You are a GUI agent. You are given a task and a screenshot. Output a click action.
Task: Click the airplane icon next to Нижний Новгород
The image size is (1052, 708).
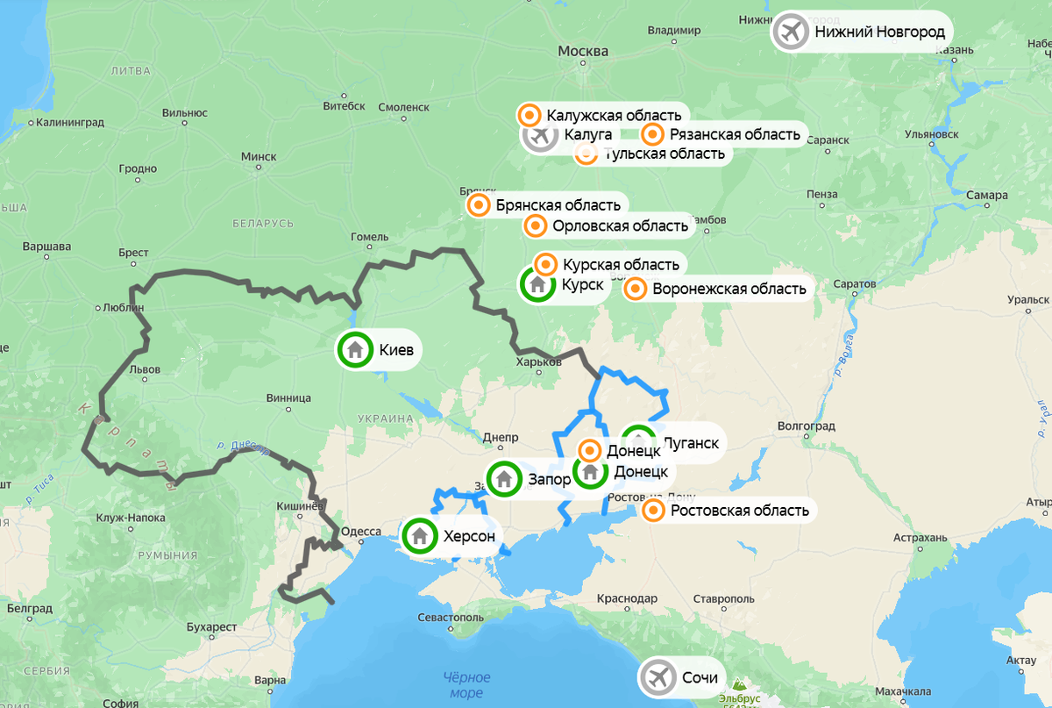point(791,32)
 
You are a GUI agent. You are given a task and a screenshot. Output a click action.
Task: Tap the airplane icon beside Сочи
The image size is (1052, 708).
point(658,677)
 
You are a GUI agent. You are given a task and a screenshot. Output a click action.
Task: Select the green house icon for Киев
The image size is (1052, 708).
point(356,350)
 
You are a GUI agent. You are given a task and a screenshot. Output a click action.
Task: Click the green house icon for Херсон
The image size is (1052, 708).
point(420,536)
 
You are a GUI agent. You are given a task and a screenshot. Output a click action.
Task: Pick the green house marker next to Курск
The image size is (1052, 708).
point(538,285)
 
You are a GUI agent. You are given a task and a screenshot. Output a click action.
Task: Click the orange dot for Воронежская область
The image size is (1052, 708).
point(636,289)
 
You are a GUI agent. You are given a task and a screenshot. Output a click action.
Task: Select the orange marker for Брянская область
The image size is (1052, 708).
point(479,205)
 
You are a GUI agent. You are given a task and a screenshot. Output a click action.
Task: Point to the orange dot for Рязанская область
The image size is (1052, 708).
point(652,134)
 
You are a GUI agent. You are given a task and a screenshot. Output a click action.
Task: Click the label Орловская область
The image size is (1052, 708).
point(620,226)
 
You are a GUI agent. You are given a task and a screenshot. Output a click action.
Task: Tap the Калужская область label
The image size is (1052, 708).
point(613,115)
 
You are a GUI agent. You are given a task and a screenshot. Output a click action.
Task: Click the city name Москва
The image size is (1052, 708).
point(583,52)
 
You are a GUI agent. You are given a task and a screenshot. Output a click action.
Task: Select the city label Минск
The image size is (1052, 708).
point(259,156)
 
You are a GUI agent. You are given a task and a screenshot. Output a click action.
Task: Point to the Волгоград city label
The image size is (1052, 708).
point(806,426)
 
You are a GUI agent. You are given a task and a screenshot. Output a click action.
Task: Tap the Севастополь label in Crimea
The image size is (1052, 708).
point(451,617)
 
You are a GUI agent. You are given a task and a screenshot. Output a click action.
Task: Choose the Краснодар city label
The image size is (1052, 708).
point(627,598)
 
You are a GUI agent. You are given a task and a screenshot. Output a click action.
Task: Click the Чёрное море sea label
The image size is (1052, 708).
point(466,685)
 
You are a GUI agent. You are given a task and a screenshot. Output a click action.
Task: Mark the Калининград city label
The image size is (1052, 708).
point(70,122)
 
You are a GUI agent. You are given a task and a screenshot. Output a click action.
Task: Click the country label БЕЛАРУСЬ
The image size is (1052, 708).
point(263,224)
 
